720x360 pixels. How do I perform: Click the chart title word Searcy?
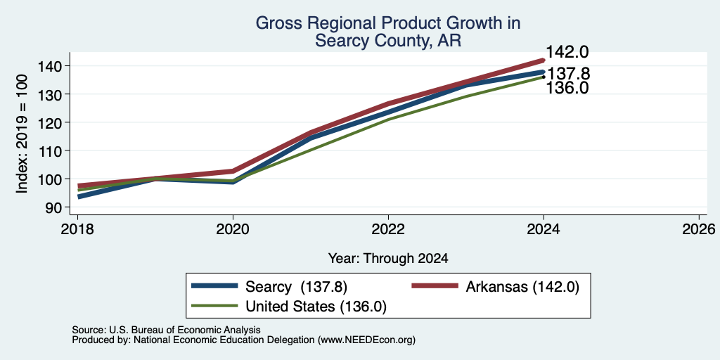342,41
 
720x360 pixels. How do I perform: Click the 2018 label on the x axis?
77,229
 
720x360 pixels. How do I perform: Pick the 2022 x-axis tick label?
388,229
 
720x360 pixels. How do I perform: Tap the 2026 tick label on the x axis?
699,229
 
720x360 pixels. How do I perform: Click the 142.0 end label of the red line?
567,52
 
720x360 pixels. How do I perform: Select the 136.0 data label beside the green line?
567,88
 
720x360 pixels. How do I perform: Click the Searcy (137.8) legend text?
296,287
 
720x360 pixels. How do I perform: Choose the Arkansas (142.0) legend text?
522,287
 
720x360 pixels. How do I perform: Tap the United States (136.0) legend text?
316,307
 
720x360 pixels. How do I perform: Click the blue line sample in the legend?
215,285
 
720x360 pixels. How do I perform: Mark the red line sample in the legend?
435,285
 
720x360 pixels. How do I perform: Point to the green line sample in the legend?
215,305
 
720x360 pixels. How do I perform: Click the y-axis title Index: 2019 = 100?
22,134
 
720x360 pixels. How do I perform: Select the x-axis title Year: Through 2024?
388,258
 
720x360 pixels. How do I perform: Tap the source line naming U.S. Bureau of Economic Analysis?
166,330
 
